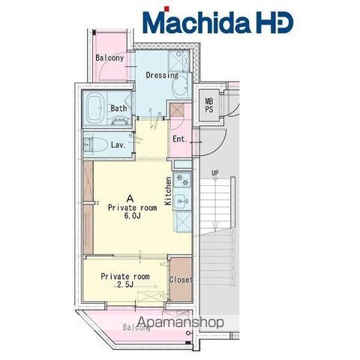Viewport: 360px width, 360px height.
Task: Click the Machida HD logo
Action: [x=217, y=21]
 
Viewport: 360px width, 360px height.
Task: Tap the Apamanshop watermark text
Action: [x=181, y=322]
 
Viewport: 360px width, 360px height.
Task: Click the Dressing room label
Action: [x=162, y=75]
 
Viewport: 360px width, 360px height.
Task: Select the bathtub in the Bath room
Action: [x=94, y=108]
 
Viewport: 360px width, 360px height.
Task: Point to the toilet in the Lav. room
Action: [x=99, y=145]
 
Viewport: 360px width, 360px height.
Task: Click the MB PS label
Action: [x=209, y=105]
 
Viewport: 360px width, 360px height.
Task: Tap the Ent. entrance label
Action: [x=180, y=139]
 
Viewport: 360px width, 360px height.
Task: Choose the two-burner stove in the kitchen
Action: [x=182, y=180]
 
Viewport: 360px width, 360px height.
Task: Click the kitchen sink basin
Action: [x=182, y=200]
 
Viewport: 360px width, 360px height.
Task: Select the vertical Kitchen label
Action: [x=169, y=191]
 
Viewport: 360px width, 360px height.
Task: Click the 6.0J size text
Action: [x=132, y=216]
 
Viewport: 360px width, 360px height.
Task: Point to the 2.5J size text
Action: [x=124, y=284]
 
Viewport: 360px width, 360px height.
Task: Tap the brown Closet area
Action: [x=181, y=279]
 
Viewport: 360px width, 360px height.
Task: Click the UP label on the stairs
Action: [x=215, y=172]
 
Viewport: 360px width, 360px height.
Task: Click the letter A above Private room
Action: [x=130, y=199]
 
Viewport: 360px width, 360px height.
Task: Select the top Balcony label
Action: [x=109, y=58]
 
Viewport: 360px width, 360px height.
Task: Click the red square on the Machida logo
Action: [x=166, y=9]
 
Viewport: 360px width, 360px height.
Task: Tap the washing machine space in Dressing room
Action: [x=178, y=61]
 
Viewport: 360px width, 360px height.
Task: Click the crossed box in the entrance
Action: [x=177, y=110]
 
